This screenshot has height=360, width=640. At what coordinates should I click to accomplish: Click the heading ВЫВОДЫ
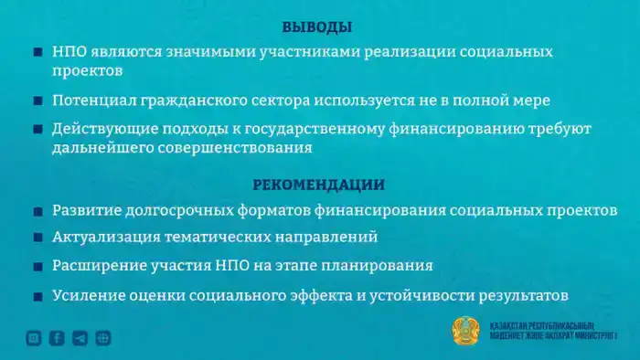(x=317, y=27)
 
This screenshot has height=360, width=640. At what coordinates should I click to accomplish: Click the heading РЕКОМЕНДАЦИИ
(x=319, y=185)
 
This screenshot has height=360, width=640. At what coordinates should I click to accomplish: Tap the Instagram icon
(x=34, y=338)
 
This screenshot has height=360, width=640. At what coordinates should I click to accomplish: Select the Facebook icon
(x=57, y=338)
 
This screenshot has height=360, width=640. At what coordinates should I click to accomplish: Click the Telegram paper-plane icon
(x=80, y=338)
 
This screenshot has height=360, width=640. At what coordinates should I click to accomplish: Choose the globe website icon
(x=103, y=338)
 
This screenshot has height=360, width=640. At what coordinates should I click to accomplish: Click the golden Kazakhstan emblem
(x=466, y=331)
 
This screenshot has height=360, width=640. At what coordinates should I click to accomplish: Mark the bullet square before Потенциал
(x=37, y=101)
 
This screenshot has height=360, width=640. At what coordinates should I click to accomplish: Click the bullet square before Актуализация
(x=37, y=238)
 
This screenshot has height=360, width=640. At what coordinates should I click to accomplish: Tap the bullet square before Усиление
(x=37, y=296)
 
